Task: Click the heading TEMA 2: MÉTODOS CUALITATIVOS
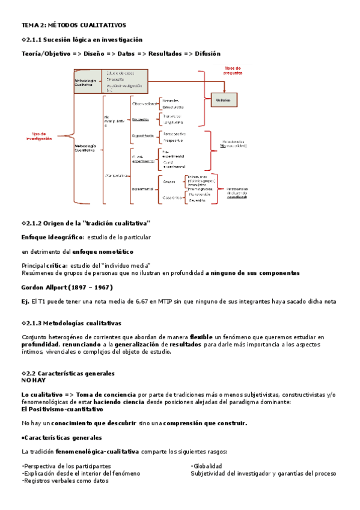tap(73, 25)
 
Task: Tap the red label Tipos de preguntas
tap(233, 70)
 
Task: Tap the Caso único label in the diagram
tap(171, 197)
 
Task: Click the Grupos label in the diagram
tap(170, 180)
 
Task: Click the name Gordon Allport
tap(43, 287)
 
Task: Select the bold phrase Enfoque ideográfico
tap(53, 238)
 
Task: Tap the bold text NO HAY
tap(33, 380)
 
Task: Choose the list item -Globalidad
tap(207, 465)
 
